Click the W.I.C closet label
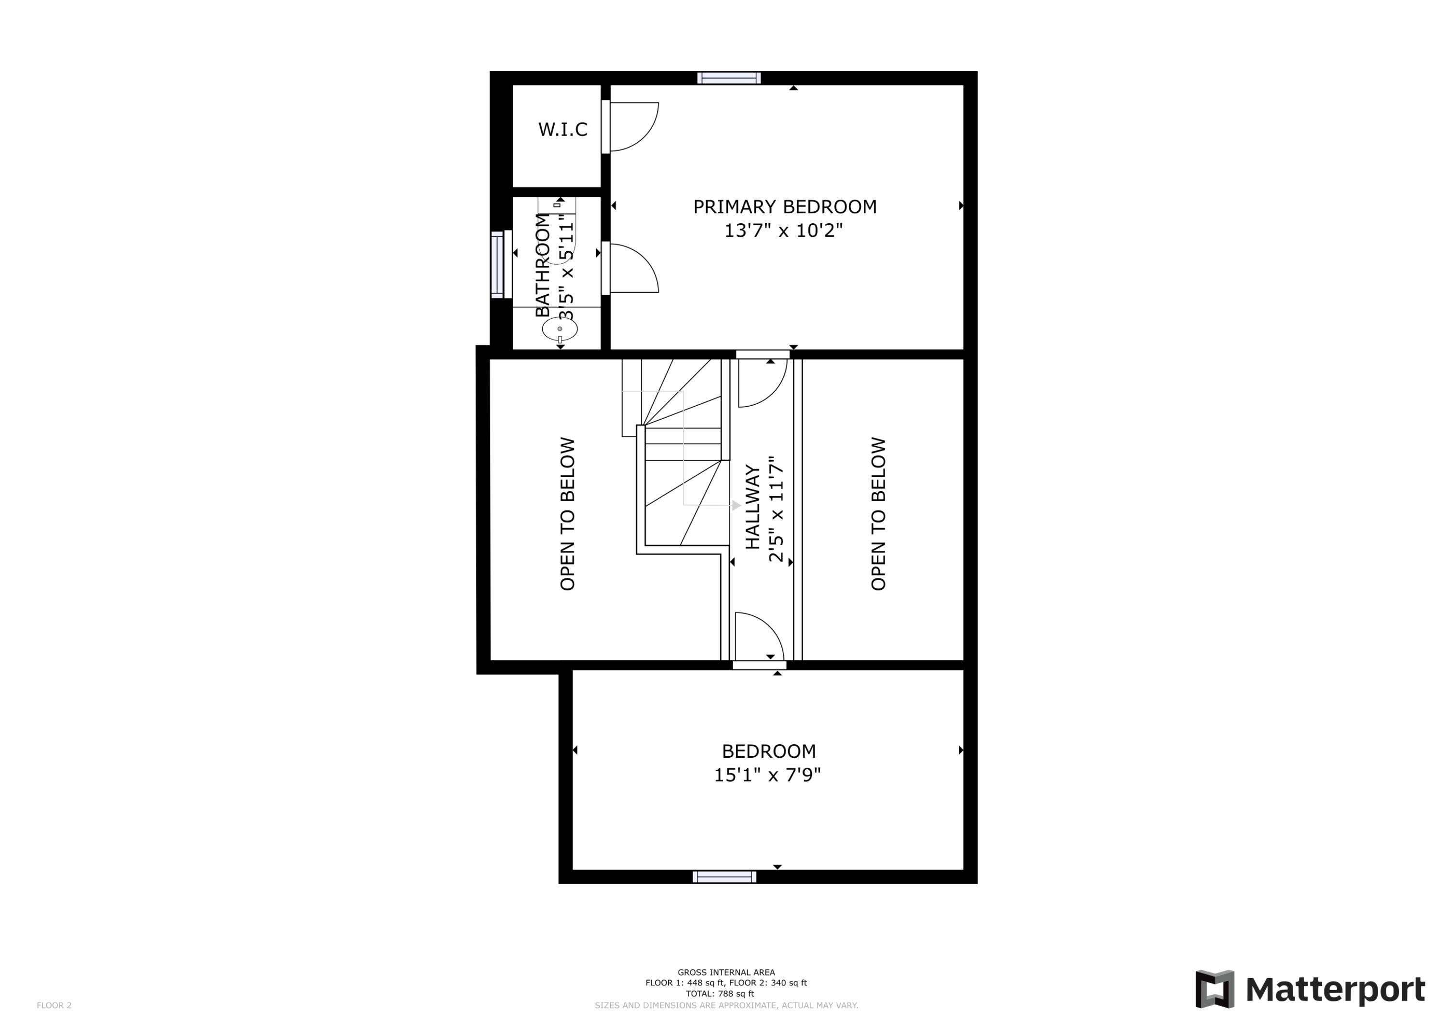pos(562,130)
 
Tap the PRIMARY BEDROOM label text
pos(785,207)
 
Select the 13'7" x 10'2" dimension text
pos(783,231)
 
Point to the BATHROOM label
pos(543,265)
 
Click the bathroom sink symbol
pos(560,329)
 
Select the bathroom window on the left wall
pos(497,265)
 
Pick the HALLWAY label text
pos(752,507)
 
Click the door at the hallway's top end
pos(762,382)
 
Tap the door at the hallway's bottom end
pos(759,637)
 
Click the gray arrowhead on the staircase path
pos(736,505)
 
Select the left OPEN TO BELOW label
pos(568,514)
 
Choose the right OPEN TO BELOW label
pos(878,514)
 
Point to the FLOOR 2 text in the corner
pos(54,1005)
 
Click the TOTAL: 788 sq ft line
pos(720,994)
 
